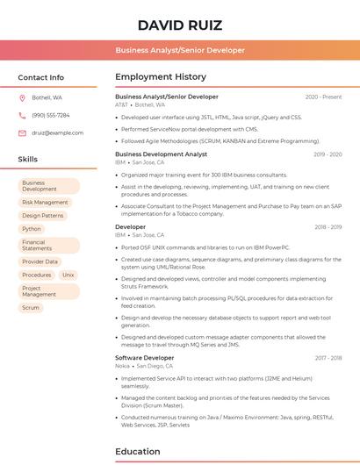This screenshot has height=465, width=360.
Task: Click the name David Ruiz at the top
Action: tap(180, 25)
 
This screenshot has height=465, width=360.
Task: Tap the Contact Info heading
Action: tap(41, 77)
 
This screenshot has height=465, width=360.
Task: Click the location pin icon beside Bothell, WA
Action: tap(22, 97)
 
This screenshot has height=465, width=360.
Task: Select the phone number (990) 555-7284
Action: tap(51, 115)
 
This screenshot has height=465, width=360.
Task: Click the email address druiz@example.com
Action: tap(58, 132)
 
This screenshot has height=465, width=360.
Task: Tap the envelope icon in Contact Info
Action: tap(22, 132)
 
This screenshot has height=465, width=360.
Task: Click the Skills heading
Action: tap(28, 159)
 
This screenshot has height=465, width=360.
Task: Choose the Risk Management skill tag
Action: tap(45, 202)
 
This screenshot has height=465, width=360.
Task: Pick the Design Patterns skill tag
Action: tap(43, 215)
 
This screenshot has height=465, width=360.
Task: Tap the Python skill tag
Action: tap(32, 229)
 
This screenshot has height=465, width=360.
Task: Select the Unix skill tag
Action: tap(68, 275)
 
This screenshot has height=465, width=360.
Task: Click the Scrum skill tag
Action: tap(31, 308)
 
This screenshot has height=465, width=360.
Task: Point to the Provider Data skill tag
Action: tap(40, 261)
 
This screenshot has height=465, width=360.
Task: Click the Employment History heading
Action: tap(161, 77)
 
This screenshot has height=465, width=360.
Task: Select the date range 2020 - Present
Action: tap(323, 97)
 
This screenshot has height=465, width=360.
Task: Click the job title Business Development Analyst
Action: tap(161, 154)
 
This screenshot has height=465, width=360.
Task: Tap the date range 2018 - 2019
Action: tap(328, 227)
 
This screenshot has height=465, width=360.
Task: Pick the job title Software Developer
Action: tap(145, 357)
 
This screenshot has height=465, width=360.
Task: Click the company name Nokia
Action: tap(123, 365)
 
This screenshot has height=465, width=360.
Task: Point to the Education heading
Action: tap(139, 452)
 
